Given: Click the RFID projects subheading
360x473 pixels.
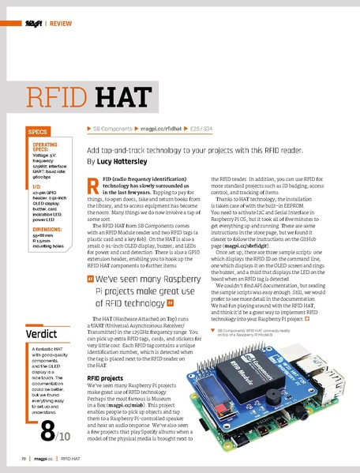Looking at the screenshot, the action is [106, 378].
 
